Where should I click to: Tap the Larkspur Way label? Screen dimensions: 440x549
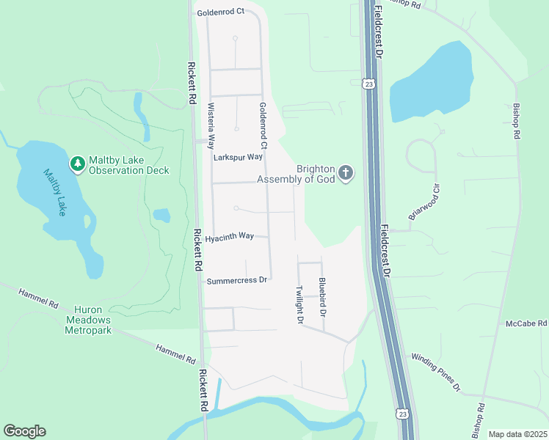pyautogui.click(x=238, y=157)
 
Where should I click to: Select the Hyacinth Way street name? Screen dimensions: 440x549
pyautogui.click(x=229, y=237)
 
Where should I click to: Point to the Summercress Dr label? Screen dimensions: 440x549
pyautogui.click(x=237, y=280)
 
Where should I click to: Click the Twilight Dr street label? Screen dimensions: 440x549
pyautogui.click(x=299, y=305)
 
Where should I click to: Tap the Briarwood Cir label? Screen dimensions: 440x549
pyautogui.click(x=423, y=202)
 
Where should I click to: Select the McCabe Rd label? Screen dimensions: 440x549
pyautogui.click(x=526, y=323)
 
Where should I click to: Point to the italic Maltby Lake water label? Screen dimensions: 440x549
pyautogui.click(x=55, y=193)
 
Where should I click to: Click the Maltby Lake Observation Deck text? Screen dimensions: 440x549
pyautogui.click(x=128, y=165)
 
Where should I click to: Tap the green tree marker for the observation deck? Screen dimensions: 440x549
pyautogui.click(x=76, y=164)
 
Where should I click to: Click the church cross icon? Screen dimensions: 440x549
pyautogui.click(x=346, y=174)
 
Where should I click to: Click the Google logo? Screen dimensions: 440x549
pyautogui.click(x=24, y=431)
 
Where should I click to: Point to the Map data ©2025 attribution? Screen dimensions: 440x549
pyautogui.click(x=517, y=434)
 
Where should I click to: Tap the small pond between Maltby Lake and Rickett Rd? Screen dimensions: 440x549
pyautogui.click(x=161, y=215)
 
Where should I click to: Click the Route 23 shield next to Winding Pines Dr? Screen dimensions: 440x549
pyautogui.click(x=401, y=414)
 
